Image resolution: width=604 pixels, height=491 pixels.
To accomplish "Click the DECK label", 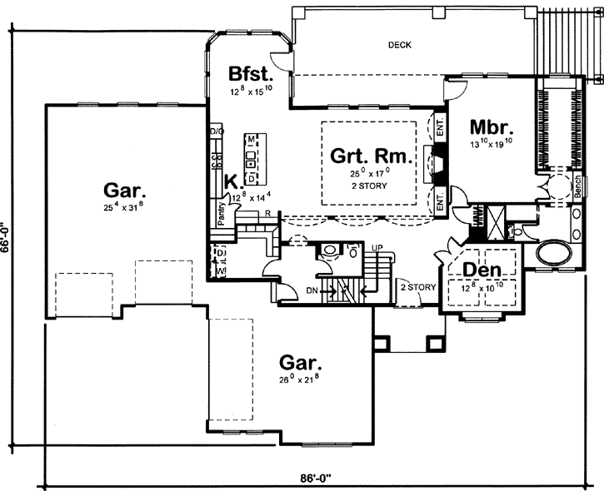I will (x=400, y=45).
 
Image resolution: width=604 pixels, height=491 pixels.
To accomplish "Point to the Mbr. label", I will (x=492, y=128).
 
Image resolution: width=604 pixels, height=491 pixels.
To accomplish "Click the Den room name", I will (x=482, y=270).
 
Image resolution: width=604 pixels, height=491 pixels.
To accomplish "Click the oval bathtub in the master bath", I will (x=551, y=251).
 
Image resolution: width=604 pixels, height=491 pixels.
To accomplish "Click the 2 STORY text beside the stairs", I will (x=418, y=287).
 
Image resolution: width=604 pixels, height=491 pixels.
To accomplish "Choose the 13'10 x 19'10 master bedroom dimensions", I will (x=492, y=145).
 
